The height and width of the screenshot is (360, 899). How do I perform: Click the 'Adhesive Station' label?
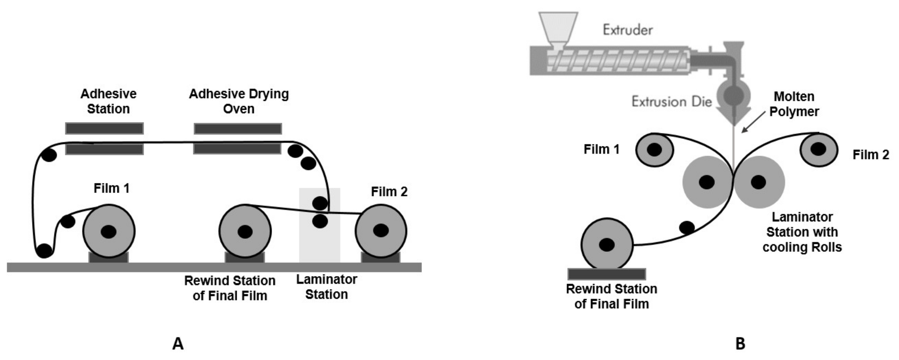click(108, 101)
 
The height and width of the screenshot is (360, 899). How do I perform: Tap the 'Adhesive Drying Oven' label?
click(239, 101)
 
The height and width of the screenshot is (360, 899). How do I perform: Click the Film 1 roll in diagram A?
click(109, 231)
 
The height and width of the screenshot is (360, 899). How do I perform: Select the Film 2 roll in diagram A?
click(381, 230)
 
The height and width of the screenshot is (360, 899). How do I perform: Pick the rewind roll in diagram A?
click(245, 231)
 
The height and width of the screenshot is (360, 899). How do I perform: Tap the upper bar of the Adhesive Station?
click(104, 128)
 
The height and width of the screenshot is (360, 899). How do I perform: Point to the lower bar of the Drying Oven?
click(237, 149)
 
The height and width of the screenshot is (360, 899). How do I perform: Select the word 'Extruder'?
click(627, 30)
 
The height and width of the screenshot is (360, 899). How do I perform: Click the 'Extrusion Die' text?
click(671, 102)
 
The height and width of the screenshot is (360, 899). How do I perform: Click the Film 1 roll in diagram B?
click(654, 150)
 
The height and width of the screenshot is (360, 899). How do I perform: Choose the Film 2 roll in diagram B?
click(819, 149)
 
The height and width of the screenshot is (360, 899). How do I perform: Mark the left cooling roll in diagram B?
click(707, 182)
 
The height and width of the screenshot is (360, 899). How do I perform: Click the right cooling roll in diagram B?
click(759, 182)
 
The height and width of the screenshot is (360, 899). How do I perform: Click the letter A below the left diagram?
click(178, 344)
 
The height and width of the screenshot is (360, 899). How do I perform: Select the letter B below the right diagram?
click(740, 344)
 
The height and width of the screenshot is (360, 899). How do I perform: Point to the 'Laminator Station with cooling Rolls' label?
click(802, 232)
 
